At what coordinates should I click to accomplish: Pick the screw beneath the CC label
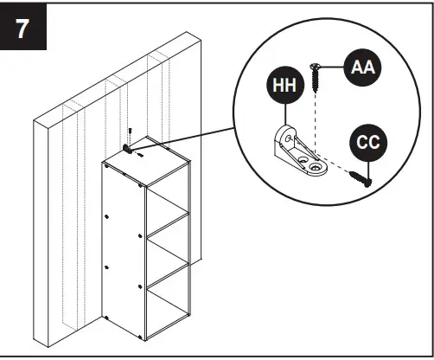point(360,177)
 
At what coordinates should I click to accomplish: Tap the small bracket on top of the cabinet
point(130,148)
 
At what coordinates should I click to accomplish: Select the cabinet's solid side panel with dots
point(121,251)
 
